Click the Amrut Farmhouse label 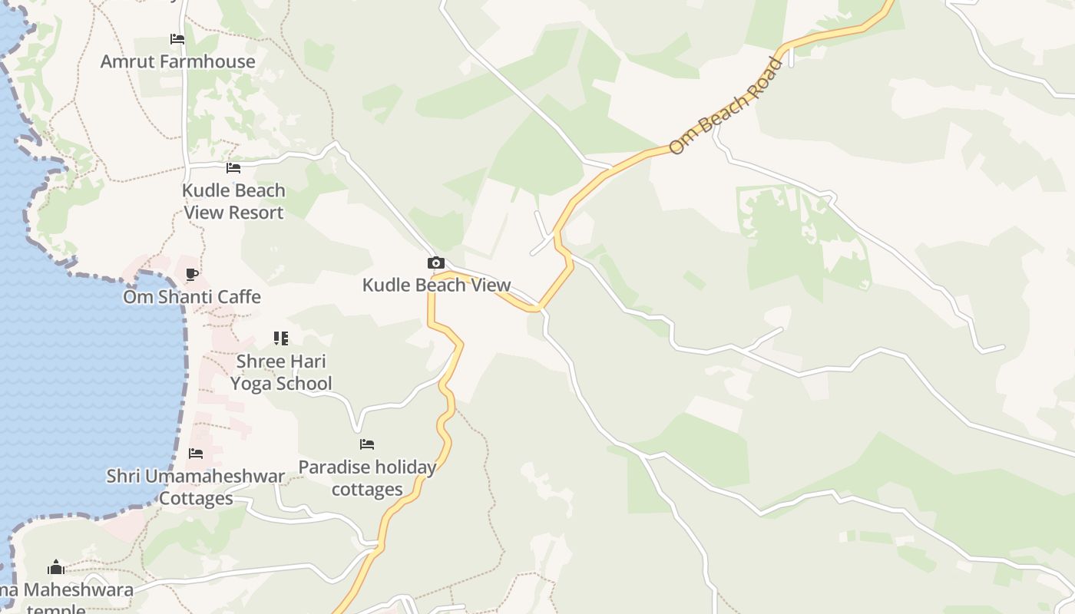click(x=177, y=61)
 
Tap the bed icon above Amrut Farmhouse click(x=177, y=39)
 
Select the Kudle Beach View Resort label click(x=233, y=201)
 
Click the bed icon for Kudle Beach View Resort click(x=233, y=168)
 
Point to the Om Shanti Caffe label click(x=192, y=296)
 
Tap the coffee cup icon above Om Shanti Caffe click(x=192, y=274)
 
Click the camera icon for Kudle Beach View click(x=436, y=263)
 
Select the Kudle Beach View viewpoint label click(x=436, y=285)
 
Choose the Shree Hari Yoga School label click(x=281, y=372)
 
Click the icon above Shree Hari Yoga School click(x=281, y=338)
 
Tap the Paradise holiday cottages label click(x=367, y=477)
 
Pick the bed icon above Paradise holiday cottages click(x=367, y=444)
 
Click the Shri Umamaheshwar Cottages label click(x=196, y=487)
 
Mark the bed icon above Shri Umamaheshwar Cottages click(x=196, y=454)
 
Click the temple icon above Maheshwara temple click(x=55, y=568)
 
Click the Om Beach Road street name click(x=725, y=105)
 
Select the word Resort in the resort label click(x=254, y=213)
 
